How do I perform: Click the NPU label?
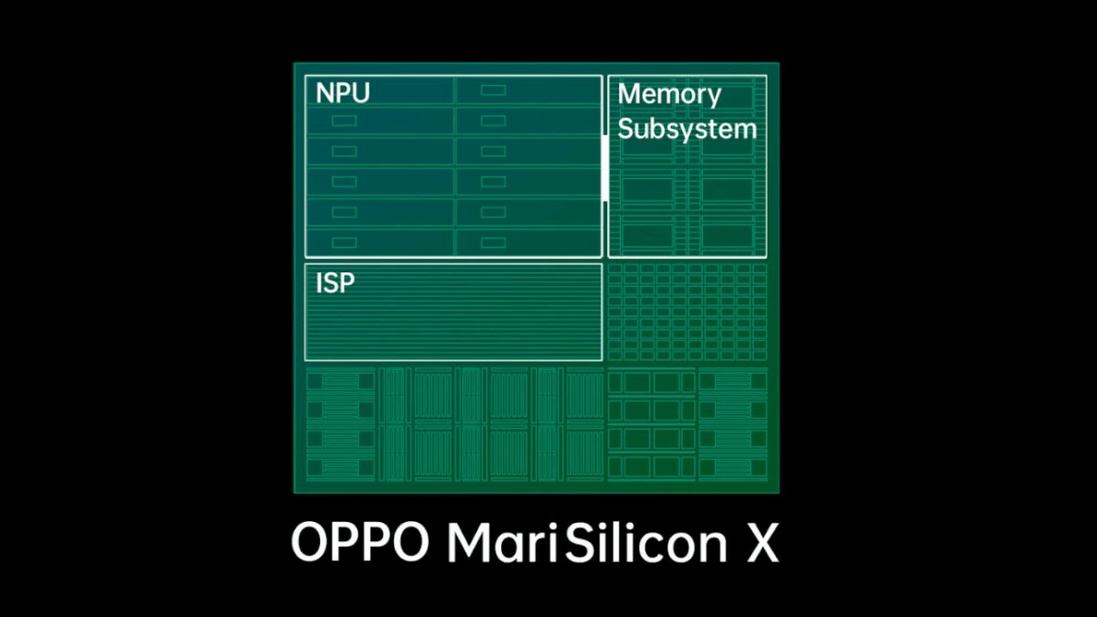(343, 93)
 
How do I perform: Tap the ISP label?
(335, 283)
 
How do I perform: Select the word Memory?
(669, 95)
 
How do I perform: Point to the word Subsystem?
(687, 129)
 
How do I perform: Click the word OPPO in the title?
(360, 544)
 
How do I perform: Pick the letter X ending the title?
(762, 544)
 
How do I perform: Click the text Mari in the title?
(503, 543)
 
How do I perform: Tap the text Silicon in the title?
(646, 543)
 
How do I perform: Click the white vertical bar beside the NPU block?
(605, 168)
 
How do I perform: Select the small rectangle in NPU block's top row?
(493, 90)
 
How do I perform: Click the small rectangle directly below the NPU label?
(345, 121)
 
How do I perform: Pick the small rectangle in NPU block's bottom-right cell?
(493, 242)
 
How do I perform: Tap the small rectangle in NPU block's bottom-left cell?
(345, 242)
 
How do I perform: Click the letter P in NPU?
(344, 93)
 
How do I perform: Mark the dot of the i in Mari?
(552, 527)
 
